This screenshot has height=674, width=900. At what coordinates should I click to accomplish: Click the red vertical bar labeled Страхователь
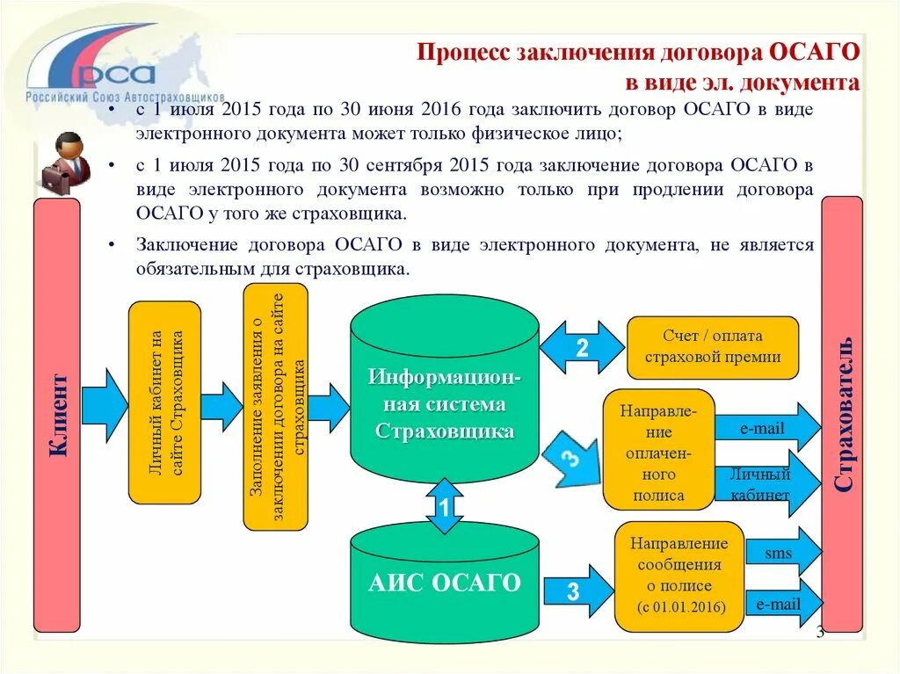[842, 413]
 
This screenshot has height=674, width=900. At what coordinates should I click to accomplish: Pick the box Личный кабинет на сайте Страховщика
[165, 402]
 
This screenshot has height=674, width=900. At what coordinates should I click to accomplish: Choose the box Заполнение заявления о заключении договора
[275, 406]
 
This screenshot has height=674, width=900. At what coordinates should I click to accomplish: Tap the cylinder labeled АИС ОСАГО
[444, 580]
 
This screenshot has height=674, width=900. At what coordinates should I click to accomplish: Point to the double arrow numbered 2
[581, 348]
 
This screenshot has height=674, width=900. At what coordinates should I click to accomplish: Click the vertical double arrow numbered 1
[445, 507]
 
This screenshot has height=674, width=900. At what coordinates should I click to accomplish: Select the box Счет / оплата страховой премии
[712, 348]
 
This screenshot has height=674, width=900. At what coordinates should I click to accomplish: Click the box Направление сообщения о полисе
[679, 576]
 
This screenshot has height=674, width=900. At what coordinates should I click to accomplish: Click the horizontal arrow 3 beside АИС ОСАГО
[576, 591]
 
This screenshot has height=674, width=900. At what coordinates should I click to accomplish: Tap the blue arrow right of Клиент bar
[105, 405]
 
